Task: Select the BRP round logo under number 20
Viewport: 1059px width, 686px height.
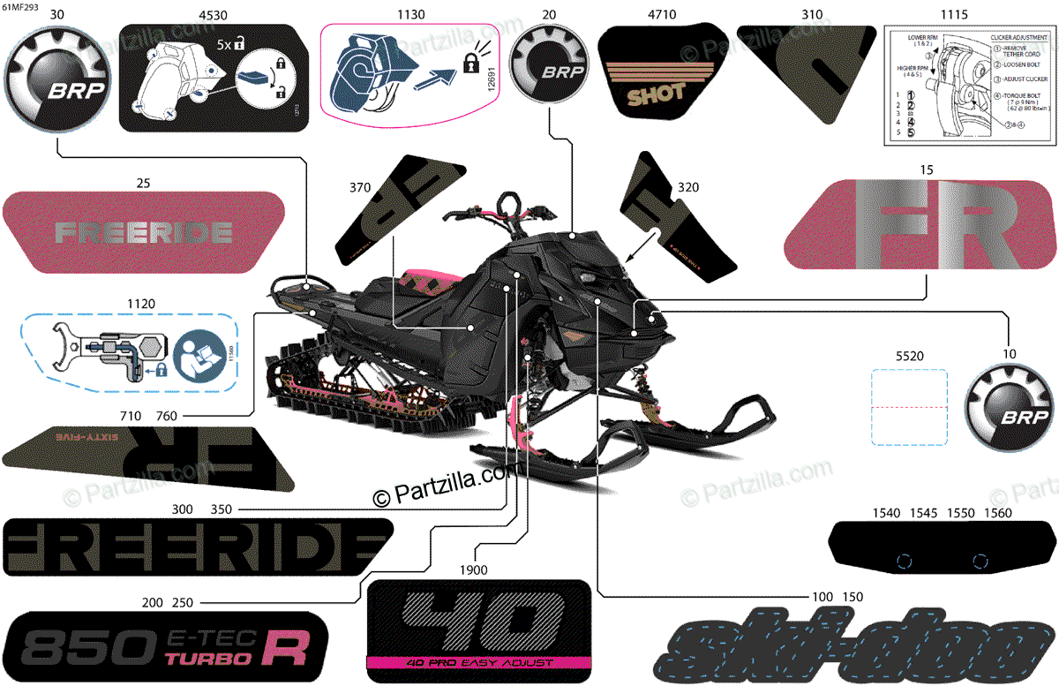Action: [550, 64]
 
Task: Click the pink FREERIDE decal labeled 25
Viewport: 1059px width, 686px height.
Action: [145, 232]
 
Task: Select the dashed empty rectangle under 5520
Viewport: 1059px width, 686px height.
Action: [909, 407]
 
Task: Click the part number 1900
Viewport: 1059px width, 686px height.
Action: [473, 570]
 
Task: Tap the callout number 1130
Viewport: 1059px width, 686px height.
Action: [410, 15]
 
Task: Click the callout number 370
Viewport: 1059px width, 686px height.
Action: [359, 187]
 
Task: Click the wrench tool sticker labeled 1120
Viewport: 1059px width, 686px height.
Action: [128, 352]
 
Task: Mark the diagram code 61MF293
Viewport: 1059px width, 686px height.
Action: [20, 6]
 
